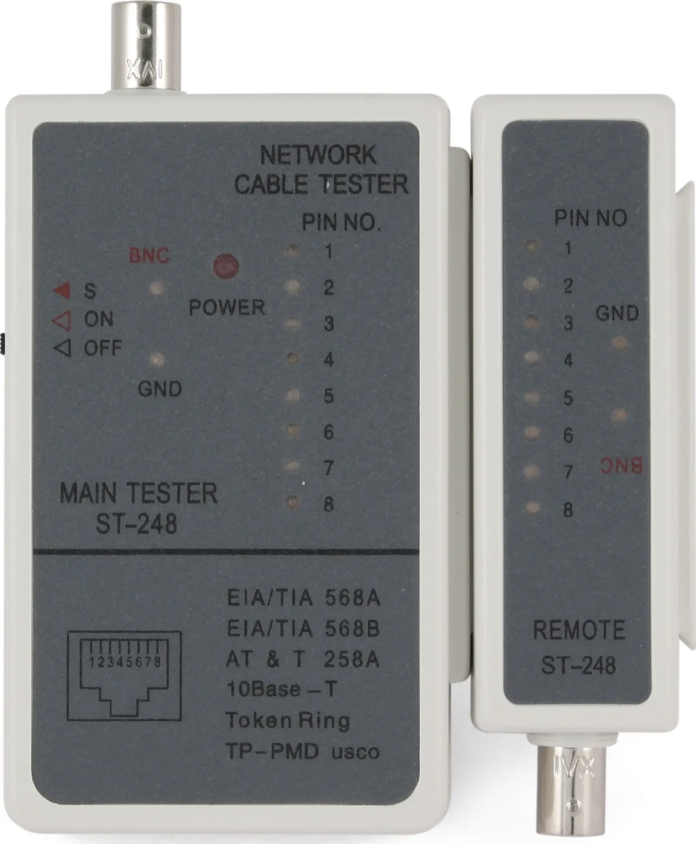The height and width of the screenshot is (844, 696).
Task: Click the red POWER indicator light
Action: [x=226, y=266]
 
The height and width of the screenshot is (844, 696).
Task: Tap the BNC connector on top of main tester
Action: [x=146, y=48]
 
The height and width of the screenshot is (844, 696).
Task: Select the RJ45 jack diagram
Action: [x=124, y=676]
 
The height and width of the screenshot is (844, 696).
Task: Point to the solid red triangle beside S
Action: [x=62, y=290]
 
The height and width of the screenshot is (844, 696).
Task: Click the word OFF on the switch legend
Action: [x=103, y=348]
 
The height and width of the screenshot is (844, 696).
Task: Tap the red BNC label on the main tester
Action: [x=149, y=256]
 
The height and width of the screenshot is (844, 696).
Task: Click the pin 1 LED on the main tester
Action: [x=292, y=251]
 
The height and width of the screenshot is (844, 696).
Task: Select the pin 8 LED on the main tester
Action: [x=292, y=503]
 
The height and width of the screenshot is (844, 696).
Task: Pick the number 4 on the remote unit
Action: [x=568, y=360]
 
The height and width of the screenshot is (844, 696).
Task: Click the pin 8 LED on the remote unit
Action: [x=532, y=508]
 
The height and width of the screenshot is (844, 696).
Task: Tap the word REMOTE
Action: [x=579, y=630]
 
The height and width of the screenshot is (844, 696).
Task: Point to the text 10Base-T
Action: [x=282, y=689]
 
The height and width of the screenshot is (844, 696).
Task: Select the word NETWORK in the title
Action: [x=318, y=155]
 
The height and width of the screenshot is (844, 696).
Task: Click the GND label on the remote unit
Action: [x=617, y=313]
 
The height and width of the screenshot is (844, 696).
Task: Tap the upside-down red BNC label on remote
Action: [x=621, y=466]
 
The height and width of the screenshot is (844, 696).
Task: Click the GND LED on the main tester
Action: [x=157, y=359]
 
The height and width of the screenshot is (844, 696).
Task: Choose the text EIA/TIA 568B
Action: [x=304, y=629]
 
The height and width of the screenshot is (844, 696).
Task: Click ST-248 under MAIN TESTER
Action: [x=137, y=524]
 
